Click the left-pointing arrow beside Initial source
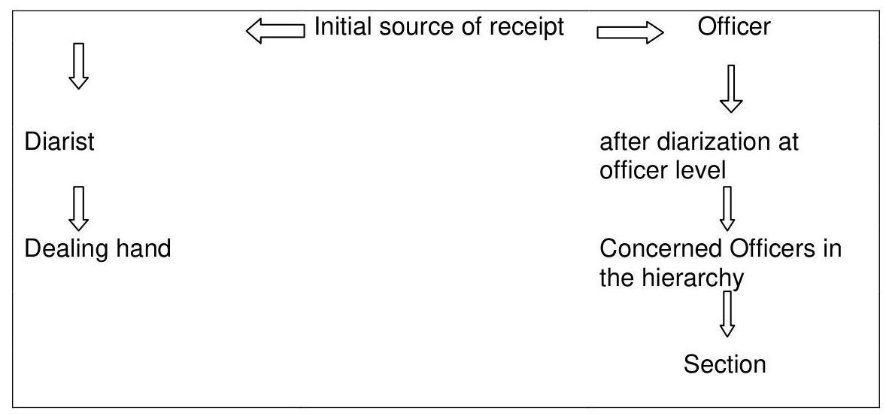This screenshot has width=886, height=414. pos(275,31)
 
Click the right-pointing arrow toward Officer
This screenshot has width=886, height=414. pos(630,33)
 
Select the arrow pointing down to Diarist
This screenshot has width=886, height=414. pos(78,65)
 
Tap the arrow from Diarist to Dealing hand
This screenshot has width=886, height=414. pos(78,209)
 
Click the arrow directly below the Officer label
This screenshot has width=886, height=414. pos(730,88)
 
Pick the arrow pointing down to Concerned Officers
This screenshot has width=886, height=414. pos(727,209)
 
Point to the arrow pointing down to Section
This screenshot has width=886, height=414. pos(727,313)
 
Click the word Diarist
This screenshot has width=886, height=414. pos(59,142)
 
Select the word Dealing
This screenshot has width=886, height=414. pos(62,249)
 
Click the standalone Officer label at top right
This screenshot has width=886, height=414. pos(733,26)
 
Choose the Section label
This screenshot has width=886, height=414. pos(725,364)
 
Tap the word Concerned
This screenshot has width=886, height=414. pos(660,248)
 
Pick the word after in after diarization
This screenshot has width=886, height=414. pos(625,142)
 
